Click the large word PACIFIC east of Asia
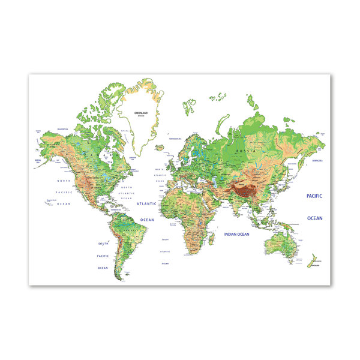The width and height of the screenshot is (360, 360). (x=314, y=196)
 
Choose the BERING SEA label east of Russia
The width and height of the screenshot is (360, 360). (x=317, y=161)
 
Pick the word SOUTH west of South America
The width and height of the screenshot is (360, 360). (x=103, y=244)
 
